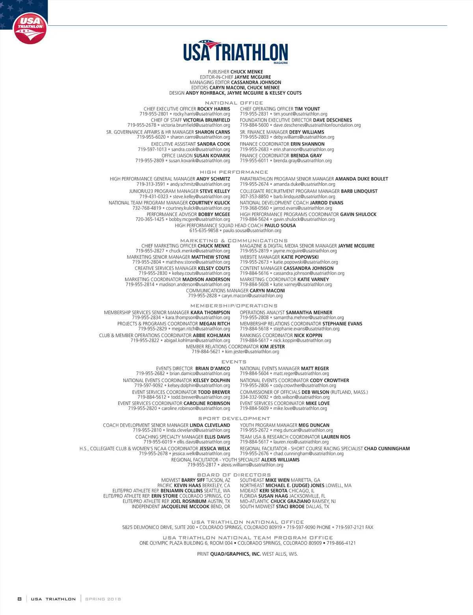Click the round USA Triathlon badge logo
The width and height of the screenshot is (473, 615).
click(30, 28)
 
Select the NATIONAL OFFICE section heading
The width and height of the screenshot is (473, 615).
click(234, 103)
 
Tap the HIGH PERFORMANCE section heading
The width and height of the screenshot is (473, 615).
click(234, 172)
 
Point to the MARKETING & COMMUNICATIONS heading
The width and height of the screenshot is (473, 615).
click(234, 240)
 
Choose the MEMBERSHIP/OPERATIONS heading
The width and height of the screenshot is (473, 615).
click(234, 306)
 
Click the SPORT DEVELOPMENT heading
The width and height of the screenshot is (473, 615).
click(234, 418)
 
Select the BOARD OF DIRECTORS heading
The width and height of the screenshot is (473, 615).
click(234, 475)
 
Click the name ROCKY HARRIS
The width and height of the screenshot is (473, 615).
click(214, 109)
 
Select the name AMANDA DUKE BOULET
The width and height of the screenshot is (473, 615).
click(361, 179)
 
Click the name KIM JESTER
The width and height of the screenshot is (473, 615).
click(272, 347)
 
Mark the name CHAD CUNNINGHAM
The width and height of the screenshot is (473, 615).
click(387, 448)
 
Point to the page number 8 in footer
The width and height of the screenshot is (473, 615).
click(19, 599)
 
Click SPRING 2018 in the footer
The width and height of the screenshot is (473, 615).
click(103, 599)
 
